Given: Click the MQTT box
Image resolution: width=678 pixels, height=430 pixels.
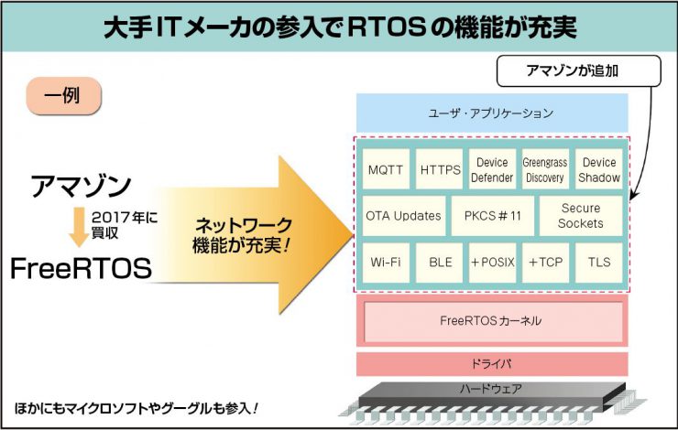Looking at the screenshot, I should [387, 169].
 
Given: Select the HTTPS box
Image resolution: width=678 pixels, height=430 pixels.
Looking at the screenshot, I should [440, 169].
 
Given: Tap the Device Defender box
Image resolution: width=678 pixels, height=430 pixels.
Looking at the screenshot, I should [492, 169].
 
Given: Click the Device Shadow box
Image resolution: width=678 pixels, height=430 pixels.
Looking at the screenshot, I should [599, 169].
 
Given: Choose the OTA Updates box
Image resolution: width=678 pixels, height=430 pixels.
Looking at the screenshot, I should [404, 216].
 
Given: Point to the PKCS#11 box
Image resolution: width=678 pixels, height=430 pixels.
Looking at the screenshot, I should [492, 216].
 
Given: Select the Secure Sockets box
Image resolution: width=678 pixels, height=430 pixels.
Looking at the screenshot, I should [580, 216].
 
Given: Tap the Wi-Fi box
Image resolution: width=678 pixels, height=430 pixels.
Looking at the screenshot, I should [387, 263].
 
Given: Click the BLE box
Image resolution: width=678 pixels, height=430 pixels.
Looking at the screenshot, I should [440, 263].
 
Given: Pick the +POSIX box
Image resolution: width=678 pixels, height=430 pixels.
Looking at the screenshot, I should [492, 263].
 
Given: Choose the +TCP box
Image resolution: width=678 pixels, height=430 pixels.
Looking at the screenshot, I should [545, 263].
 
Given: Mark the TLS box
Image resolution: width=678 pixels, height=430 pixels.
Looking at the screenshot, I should [599, 263].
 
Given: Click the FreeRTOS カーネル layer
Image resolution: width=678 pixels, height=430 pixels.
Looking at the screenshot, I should [491, 321].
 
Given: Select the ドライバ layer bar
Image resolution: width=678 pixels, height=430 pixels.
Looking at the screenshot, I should [491, 364].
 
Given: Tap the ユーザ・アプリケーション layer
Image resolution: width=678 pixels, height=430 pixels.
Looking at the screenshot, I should [491, 113].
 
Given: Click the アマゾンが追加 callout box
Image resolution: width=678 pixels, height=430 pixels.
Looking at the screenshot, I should [579, 70].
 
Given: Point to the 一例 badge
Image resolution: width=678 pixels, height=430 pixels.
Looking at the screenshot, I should [63, 95].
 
